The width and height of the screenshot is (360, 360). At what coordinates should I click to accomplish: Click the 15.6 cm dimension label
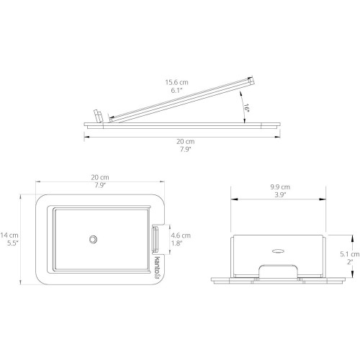point(176,82)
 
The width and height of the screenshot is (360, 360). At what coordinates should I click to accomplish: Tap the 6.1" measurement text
point(176,91)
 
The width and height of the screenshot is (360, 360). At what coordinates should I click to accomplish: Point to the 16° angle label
point(247,108)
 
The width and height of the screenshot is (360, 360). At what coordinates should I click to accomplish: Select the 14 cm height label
point(9,235)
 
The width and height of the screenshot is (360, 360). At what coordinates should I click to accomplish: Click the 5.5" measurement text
point(13,243)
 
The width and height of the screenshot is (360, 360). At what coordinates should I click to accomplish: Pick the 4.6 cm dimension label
point(181,235)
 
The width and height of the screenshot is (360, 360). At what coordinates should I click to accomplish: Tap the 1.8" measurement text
point(176,243)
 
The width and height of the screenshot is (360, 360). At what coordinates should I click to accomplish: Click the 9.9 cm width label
point(280,186)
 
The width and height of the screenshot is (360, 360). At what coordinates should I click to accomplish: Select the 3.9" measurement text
point(280,194)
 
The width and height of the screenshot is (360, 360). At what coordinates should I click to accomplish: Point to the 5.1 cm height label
point(350,254)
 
